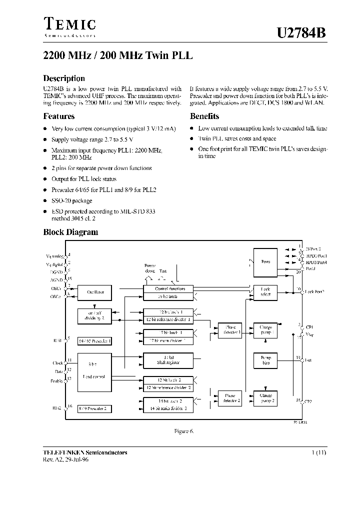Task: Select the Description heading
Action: coord(64,78)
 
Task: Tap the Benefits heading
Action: coord(204,116)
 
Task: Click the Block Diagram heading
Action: coord(70,232)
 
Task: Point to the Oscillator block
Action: coord(95,292)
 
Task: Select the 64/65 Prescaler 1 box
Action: coord(95,341)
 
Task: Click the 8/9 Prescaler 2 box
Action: coord(95,408)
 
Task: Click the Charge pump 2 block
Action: coord(265,398)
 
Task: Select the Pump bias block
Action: coord(265,360)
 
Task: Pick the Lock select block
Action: coord(265,292)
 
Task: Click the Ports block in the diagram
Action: coord(265,261)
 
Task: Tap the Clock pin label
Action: coord(57,362)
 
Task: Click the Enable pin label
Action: coord(57,380)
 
